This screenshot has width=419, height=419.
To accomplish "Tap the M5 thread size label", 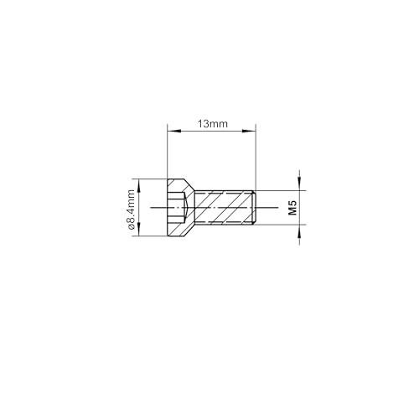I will [x=292, y=209].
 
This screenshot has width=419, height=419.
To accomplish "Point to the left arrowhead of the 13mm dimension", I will [x=171, y=131].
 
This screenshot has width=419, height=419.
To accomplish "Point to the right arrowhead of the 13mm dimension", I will [x=251, y=131].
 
